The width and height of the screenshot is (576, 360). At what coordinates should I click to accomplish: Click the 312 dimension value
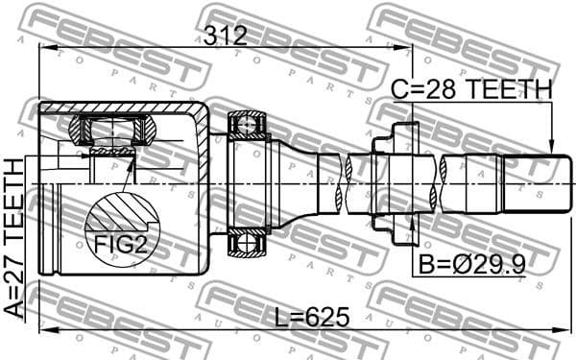pos(226,36)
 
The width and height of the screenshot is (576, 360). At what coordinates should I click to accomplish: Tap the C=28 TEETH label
pos(471,90)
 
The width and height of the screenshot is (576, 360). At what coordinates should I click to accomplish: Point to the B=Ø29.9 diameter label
pos(472,261)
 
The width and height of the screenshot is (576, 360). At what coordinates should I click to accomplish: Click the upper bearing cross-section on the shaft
pos(246,126)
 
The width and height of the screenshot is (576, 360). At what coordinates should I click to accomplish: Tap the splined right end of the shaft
pos(528,183)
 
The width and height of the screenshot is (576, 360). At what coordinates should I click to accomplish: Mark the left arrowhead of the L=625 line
pos(43,332)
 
